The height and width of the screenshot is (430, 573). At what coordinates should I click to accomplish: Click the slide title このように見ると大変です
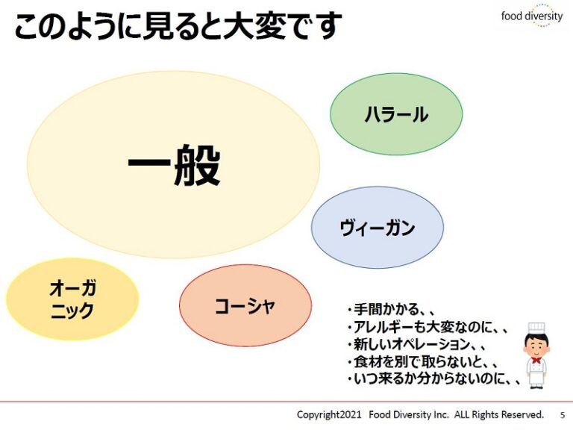coord(178,25)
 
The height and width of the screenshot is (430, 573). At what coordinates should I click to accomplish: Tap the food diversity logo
coord(532,16)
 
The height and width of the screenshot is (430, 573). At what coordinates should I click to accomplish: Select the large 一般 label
coord(174,164)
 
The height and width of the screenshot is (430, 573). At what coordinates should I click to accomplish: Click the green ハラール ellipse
coord(396,114)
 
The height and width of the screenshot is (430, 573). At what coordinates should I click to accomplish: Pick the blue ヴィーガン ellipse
coord(378,227)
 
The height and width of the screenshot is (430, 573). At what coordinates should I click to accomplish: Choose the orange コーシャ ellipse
coord(245,305)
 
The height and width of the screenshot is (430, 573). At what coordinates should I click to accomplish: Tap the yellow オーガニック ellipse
coord(72,299)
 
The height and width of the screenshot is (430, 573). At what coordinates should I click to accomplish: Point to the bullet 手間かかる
coord(390,310)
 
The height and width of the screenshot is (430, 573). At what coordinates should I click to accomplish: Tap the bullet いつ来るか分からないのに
coord(433,378)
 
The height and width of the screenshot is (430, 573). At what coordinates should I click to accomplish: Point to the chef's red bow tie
coord(536,360)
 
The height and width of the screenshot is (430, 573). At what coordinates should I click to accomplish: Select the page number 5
coord(563,415)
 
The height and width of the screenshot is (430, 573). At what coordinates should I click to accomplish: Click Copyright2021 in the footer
coord(329,414)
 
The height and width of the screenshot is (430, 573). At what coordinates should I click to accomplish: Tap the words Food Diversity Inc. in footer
coord(409,414)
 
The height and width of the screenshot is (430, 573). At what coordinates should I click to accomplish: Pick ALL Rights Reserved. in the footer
coord(499,414)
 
